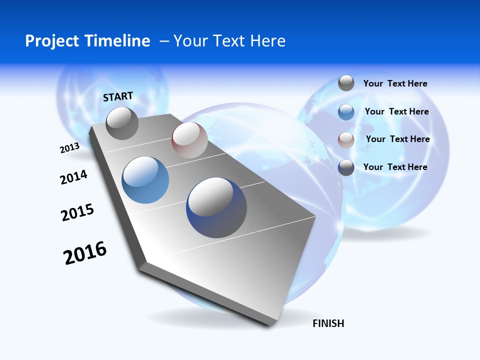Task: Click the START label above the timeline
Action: coord(118,96)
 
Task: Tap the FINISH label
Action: coord(328,323)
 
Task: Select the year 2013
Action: coord(69,148)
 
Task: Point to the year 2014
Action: coord(73,177)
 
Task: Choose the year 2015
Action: coord(77,212)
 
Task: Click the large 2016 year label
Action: coord(85,253)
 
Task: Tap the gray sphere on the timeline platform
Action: coord(122,123)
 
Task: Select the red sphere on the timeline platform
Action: coord(189,140)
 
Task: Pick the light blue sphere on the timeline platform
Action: coord(145,180)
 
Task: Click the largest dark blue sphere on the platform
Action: coord(216,207)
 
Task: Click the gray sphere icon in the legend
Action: coord(346,83)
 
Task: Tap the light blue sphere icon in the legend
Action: coord(346,112)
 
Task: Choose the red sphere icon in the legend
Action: coord(346,140)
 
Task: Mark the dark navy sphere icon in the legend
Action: coord(346,167)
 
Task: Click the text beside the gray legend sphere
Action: coord(395,83)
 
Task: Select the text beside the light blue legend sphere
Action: coord(396,111)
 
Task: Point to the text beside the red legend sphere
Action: coord(397,139)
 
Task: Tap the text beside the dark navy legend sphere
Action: coord(395,167)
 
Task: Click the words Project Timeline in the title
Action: coord(87,41)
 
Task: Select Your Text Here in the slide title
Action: coord(229,41)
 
